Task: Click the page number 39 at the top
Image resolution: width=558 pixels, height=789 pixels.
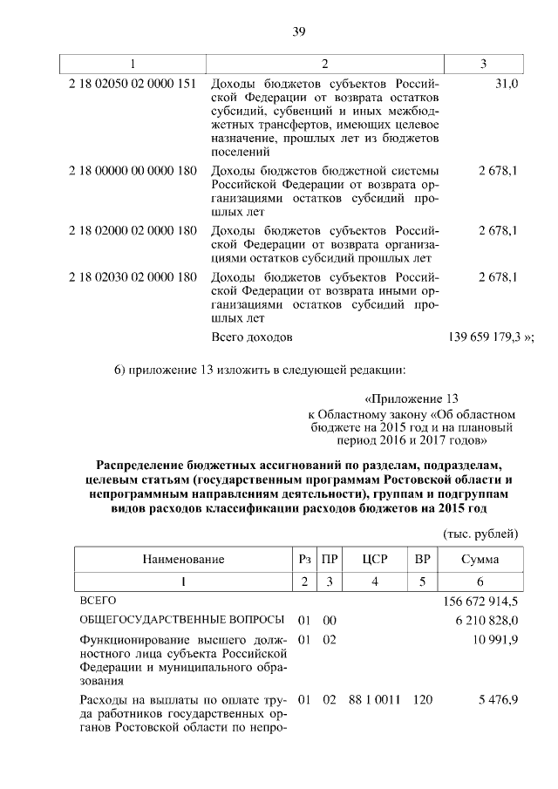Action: (298, 32)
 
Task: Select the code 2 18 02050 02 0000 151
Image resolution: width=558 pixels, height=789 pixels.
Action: (133, 83)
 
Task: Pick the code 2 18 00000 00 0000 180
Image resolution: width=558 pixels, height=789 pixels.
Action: (133, 170)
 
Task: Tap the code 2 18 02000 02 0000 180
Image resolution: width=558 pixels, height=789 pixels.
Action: (133, 231)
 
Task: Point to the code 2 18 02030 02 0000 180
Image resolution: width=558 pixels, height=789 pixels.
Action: (133, 277)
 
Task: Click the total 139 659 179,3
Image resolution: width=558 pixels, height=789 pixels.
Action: (485, 336)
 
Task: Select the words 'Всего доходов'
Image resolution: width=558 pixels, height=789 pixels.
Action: (252, 336)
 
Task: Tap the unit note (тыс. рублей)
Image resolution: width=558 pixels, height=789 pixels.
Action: (480, 534)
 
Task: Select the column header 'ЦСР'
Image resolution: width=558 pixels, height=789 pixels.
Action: (374, 559)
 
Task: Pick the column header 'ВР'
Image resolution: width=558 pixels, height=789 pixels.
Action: (423, 559)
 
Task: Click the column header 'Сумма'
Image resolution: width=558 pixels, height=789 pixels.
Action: (480, 559)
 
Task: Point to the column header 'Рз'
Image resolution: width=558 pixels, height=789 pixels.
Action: (303, 559)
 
